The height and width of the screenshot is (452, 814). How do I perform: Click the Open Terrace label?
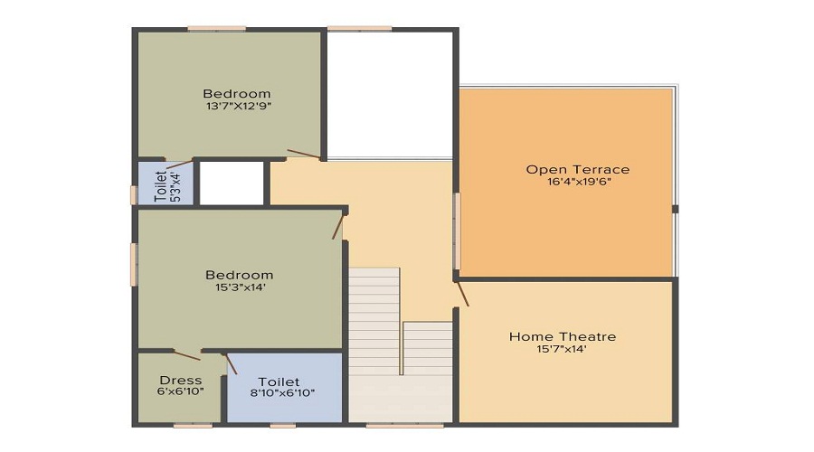click(577, 169)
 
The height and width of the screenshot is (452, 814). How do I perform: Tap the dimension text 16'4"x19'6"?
click(577, 182)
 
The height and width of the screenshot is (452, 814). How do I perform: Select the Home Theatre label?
click(562, 336)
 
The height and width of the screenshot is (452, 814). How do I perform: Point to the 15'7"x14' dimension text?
click(562, 349)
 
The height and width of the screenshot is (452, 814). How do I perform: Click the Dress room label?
click(180, 380)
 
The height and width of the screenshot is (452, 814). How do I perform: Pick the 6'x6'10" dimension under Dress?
click(180, 391)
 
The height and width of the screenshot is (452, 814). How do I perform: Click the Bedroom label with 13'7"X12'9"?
click(236, 93)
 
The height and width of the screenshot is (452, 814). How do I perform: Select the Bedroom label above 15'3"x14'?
click(239, 275)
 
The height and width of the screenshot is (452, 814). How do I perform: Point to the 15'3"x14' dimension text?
click(239, 287)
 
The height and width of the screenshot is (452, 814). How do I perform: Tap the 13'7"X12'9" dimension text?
click(236, 106)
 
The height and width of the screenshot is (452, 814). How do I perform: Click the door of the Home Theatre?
click(461, 293)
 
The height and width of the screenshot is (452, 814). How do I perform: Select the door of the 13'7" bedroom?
click(304, 154)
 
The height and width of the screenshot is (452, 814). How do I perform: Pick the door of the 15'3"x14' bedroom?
click(338, 225)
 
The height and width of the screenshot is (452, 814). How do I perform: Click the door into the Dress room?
click(187, 355)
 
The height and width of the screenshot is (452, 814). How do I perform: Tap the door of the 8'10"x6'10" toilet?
click(231, 363)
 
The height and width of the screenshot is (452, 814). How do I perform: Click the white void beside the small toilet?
click(231, 183)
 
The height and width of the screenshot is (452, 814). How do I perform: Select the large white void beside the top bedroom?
click(389, 94)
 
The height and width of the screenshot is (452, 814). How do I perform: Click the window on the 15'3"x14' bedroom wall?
click(134, 265)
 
